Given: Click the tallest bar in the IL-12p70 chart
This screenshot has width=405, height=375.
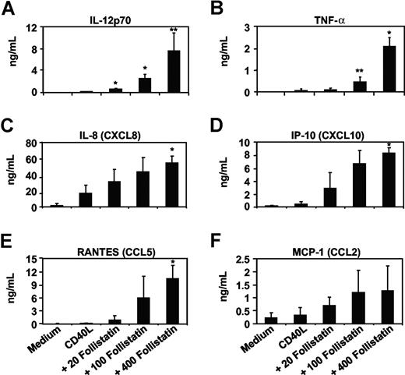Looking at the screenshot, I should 172,71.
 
